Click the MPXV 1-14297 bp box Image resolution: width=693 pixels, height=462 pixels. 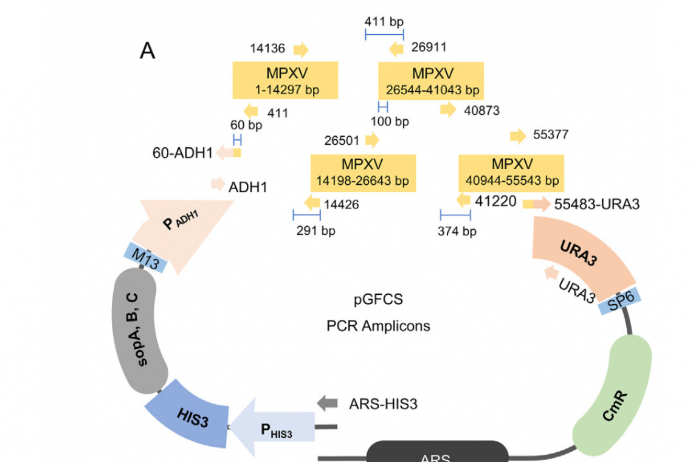coord(284,80)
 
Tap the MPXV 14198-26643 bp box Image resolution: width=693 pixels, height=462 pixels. coord(363,173)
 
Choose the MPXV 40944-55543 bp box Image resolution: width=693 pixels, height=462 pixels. coord(511,173)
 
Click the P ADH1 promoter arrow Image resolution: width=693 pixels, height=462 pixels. coord(182,228)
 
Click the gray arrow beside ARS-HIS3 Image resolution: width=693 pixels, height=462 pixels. coord(327,402)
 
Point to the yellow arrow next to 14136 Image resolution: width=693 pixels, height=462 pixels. coord(300,49)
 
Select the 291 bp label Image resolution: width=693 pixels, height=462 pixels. coord(315,230)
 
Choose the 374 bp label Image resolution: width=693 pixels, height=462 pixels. coord(457,231)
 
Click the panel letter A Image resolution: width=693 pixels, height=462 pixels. coord(148,52)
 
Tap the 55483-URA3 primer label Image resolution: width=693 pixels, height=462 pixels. coord(597,204)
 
